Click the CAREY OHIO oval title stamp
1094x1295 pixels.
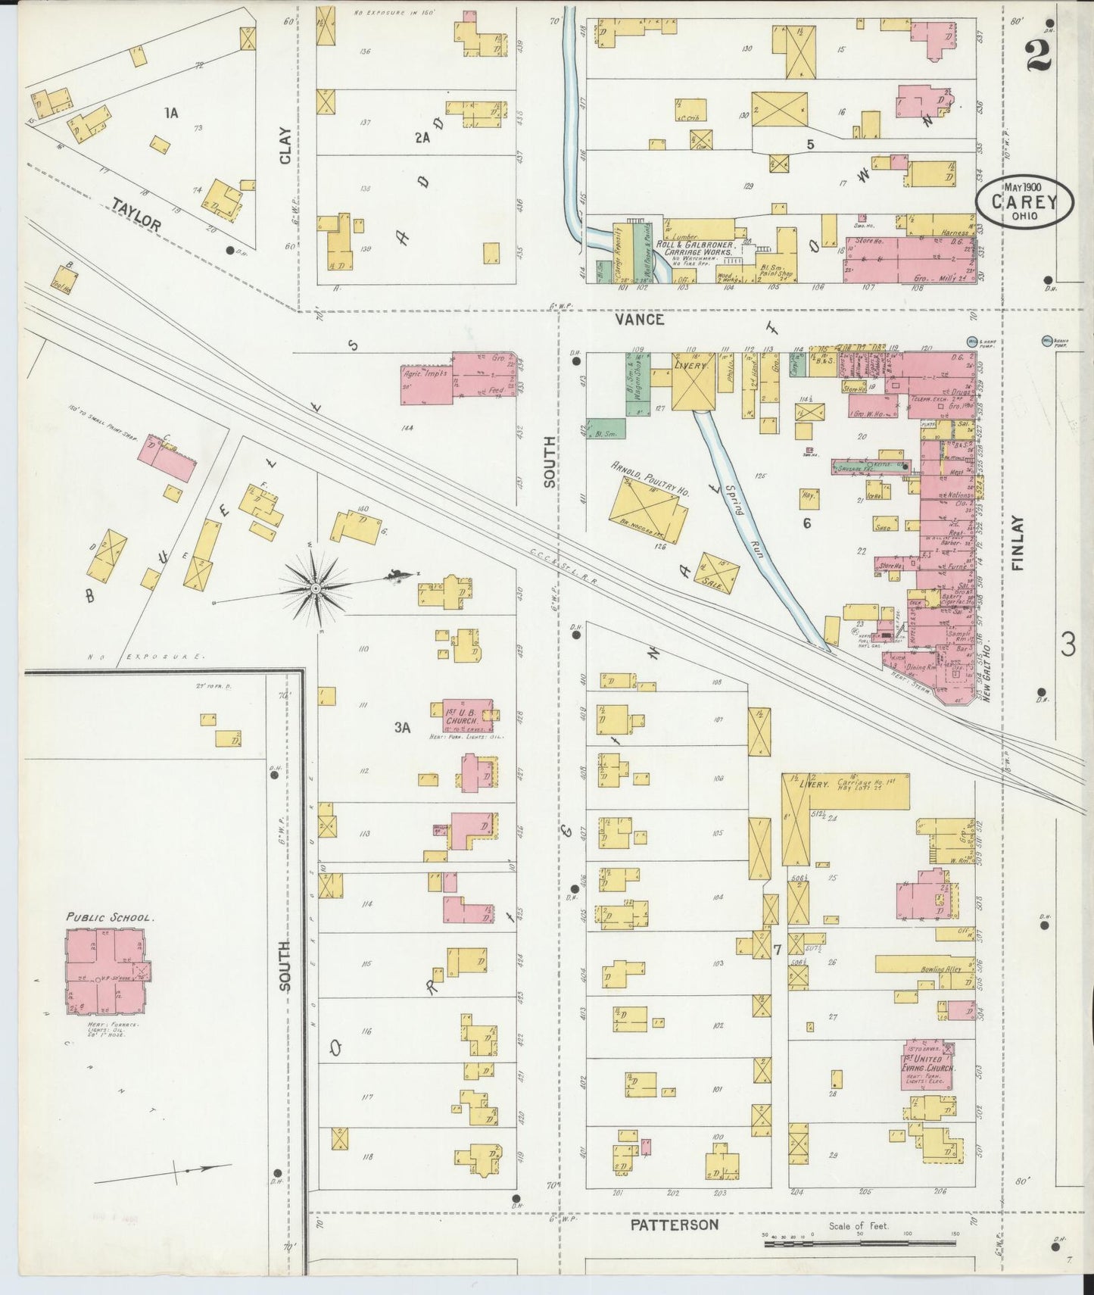point(1024,201)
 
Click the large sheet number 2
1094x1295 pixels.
point(1042,55)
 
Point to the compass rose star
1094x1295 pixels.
point(316,588)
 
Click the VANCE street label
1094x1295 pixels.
point(640,320)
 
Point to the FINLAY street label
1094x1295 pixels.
point(1017,542)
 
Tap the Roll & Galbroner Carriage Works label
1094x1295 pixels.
point(689,248)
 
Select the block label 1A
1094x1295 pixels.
point(171,113)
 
